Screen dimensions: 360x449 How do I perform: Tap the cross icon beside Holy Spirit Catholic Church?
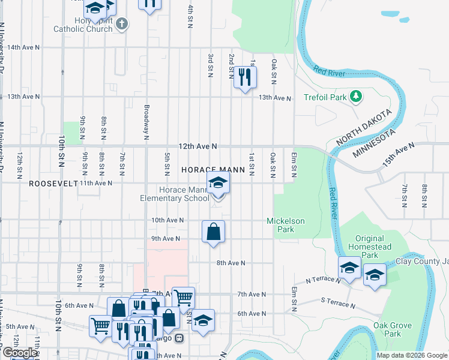click(122, 24)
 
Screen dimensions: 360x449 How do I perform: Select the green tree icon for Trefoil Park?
click(356, 96)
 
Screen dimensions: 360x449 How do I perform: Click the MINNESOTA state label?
click(374, 143)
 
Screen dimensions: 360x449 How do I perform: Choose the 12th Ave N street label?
click(197, 146)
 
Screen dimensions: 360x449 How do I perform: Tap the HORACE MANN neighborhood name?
click(213, 170)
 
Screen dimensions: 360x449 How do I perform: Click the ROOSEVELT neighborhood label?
click(53, 184)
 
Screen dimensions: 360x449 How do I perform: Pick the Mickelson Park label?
click(286, 225)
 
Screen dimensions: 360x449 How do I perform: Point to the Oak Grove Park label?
click(392, 329)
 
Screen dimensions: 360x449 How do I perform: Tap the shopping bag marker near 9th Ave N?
click(214, 232)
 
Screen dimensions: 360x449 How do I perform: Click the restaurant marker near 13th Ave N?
click(244, 77)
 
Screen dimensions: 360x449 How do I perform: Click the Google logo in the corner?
click(19, 353)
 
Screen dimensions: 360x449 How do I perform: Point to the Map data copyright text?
click(412, 355)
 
